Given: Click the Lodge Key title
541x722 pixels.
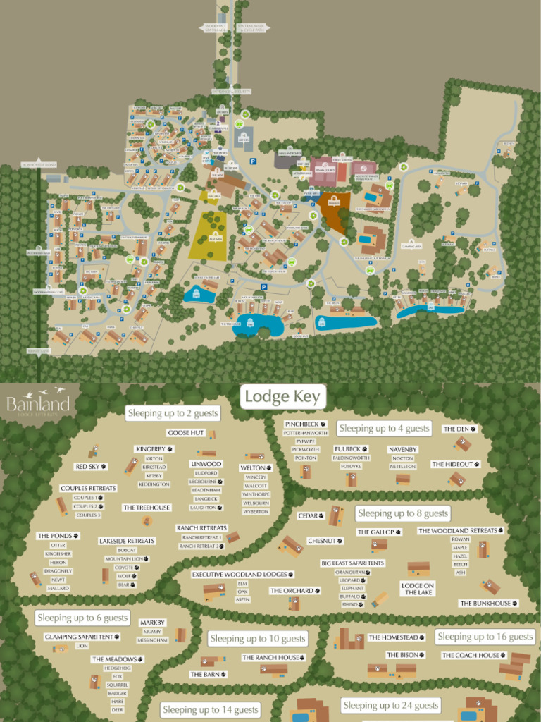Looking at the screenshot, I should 282,397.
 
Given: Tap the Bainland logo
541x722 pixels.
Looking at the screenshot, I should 38,405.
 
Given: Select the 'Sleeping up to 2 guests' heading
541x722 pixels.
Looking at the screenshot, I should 172,413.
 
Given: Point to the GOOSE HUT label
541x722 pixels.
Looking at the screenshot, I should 185,432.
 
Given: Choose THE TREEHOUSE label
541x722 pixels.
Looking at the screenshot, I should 147,508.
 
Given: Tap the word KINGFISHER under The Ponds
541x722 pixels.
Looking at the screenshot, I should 58,554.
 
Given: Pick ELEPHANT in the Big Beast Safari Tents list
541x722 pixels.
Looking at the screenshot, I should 352,588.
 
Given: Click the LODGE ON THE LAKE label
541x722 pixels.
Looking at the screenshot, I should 418,589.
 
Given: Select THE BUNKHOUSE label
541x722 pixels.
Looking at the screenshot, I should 486,604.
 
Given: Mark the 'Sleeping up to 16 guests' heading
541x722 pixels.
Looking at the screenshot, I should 485,637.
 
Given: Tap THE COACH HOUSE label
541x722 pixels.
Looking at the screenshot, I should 471,656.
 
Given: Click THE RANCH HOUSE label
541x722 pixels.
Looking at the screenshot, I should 270,658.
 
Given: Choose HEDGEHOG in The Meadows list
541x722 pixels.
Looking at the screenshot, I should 118,668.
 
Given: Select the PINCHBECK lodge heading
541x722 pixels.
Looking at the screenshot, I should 302,424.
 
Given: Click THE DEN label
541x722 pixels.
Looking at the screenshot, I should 457,429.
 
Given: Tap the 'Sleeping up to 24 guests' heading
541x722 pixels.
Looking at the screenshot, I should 390,705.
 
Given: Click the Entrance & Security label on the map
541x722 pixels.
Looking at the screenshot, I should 232,92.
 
